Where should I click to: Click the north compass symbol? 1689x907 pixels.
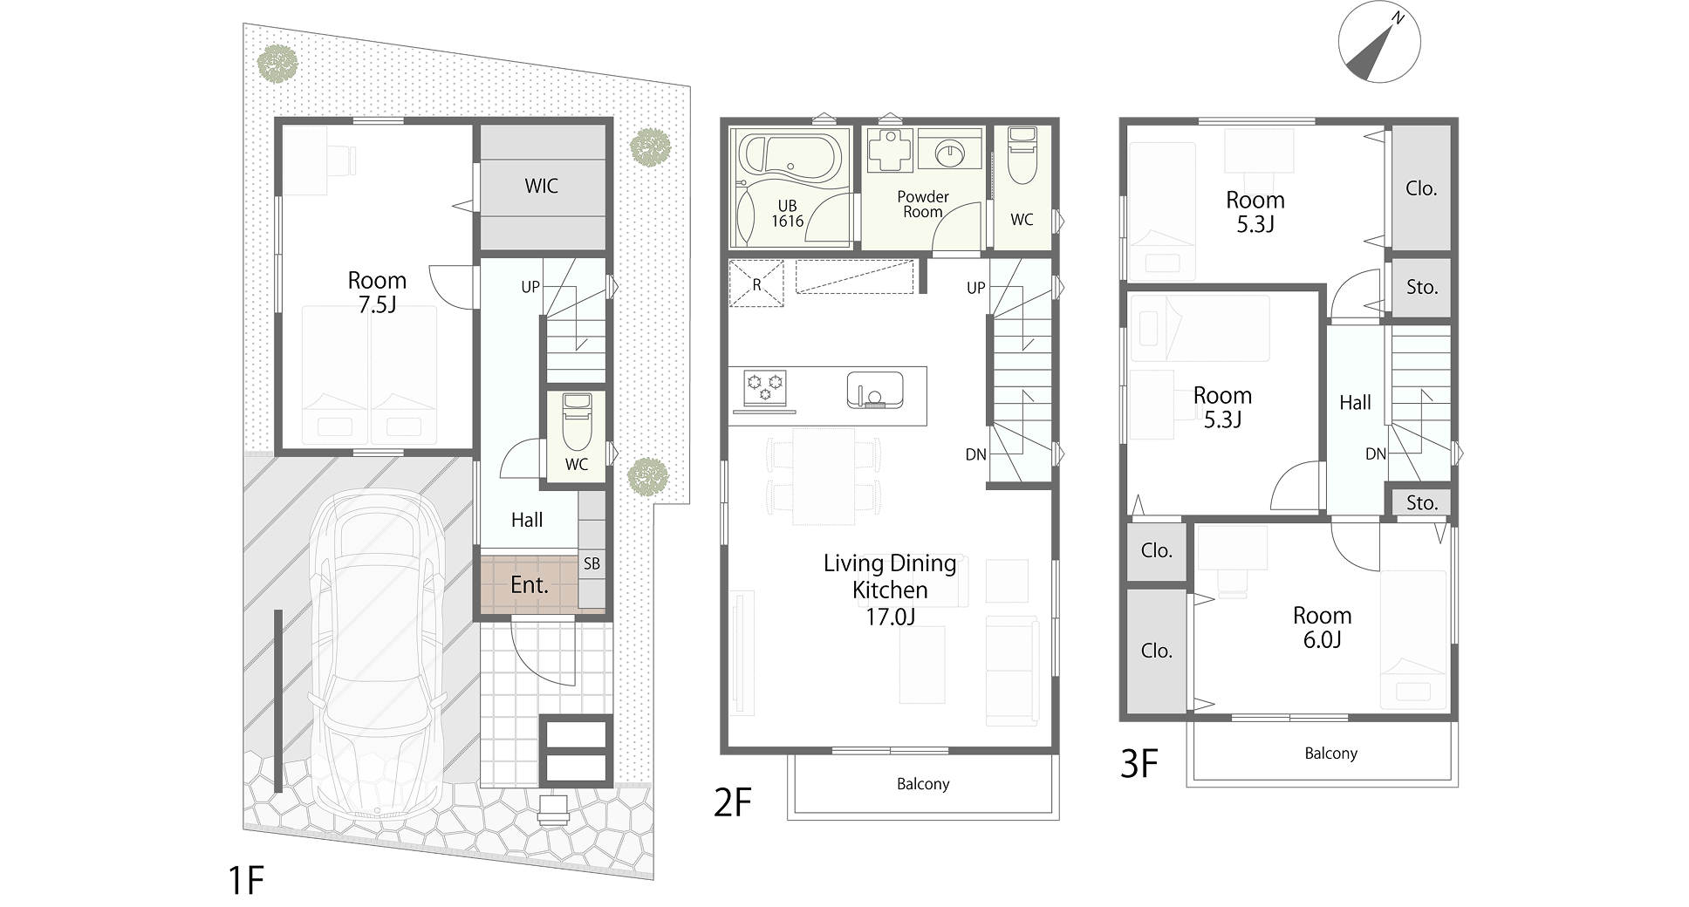click(1379, 42)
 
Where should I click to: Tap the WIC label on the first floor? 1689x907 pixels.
click(541, 186)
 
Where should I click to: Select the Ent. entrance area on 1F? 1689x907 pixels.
click(529, 584)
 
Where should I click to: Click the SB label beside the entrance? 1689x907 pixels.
click(591, 564)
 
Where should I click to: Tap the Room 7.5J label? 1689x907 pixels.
click(377, 292)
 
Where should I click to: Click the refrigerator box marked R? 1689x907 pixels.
click(756, 284)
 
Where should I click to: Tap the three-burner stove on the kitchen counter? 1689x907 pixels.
click(765, 386)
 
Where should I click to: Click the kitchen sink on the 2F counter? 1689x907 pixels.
click(875, 390)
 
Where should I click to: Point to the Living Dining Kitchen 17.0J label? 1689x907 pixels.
click(890, 590)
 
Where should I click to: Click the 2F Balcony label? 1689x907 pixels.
click(923, 784)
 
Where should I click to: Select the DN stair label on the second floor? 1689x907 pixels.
click(975, 454)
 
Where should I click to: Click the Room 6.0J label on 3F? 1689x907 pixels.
click(1323, 627)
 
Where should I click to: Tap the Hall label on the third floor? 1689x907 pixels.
click(1355, 403)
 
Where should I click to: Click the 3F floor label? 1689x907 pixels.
click(1139, 765)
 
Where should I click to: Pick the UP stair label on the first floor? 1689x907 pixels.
click(530, 287)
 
